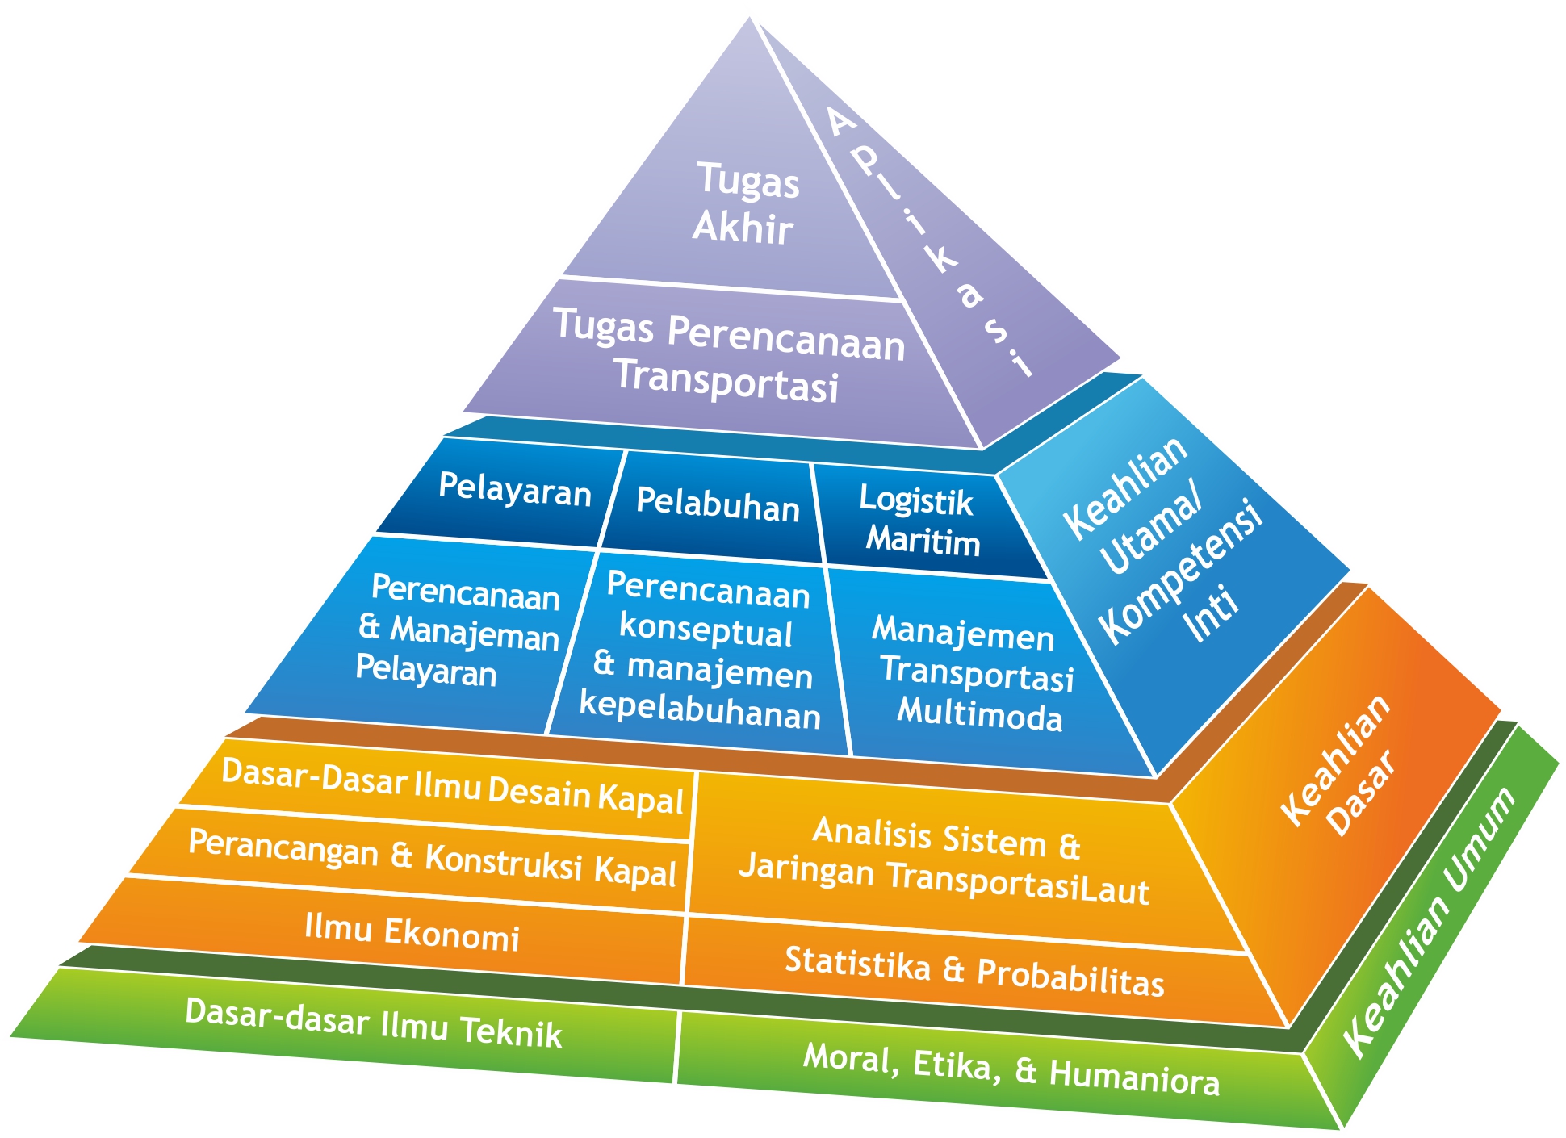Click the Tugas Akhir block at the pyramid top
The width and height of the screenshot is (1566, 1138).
pos(744,203)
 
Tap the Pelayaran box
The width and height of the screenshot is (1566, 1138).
pos(514,489)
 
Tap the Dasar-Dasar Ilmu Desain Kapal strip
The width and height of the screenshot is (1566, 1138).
pos(452,784)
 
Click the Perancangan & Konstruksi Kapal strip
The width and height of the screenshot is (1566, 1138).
pos(432,857)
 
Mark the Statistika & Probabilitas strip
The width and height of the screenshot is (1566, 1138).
pos(974,971)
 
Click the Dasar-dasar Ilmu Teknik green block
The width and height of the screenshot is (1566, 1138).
pos(373,1023)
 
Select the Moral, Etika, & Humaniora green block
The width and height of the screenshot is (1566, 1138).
pos(1011,1069)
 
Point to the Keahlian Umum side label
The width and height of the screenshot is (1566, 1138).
pos(1430,920)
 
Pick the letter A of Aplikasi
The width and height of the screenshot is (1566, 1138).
pos(841,123)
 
